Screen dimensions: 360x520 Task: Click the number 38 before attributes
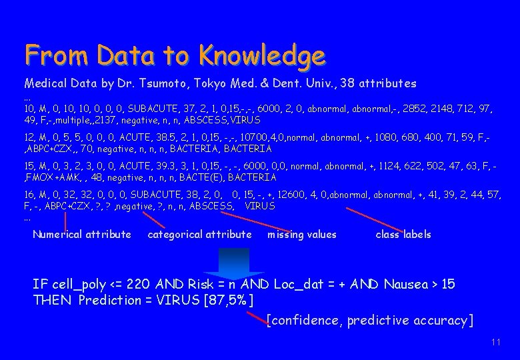(x=348, y=84)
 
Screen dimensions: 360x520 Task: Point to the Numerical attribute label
(x=82, y=235)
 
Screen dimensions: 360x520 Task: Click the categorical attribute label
(x=199, y=235)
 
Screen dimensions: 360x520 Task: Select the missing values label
(x=302, y=235)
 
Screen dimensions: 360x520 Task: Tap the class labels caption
(x=403, y=235)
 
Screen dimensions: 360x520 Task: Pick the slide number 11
(x=495, y=342)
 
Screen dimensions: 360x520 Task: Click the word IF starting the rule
(x=39, y=285)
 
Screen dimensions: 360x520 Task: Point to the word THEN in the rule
(x=52, y=300)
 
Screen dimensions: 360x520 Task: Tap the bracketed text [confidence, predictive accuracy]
(x=370, y=321)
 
